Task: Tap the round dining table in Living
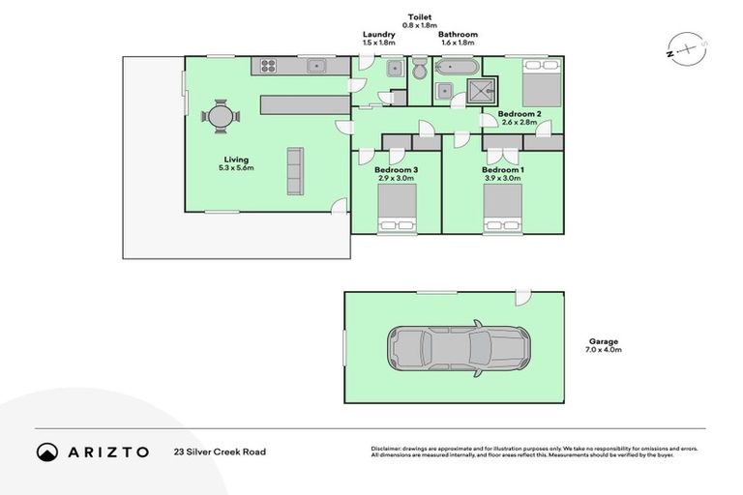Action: click(x=222, y=117)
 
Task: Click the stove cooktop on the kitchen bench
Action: click(x=268, y=67)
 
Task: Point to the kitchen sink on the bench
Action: click(x=315, y=67)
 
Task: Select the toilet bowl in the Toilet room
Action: click(x=419, y=71)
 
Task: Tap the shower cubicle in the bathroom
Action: click(x=481, y=92)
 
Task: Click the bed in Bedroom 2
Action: click(x=542, y=83)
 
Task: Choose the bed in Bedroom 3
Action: click(x=397, y=209)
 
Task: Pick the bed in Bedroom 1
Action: click(x=503, y=209)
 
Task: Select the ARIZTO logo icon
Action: click(x=47, y=451)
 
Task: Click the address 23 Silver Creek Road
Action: click(x=220, y=451)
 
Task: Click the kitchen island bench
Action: click(x=304, y=103)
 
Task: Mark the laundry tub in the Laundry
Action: click(x=395, y=69)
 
